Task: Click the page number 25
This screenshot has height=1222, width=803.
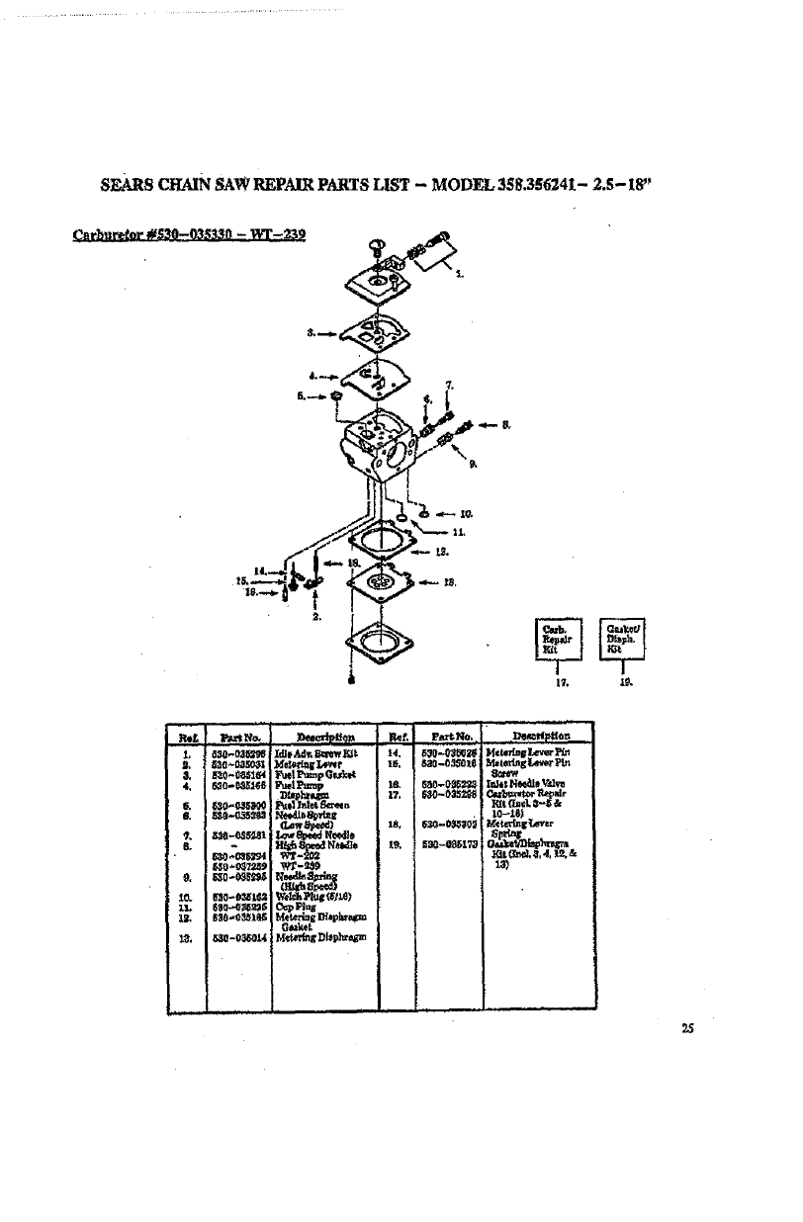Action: (686, 1028)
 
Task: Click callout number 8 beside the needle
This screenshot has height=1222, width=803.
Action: (505, 425)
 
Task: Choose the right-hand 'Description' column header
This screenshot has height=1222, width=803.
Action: (538, 736)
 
